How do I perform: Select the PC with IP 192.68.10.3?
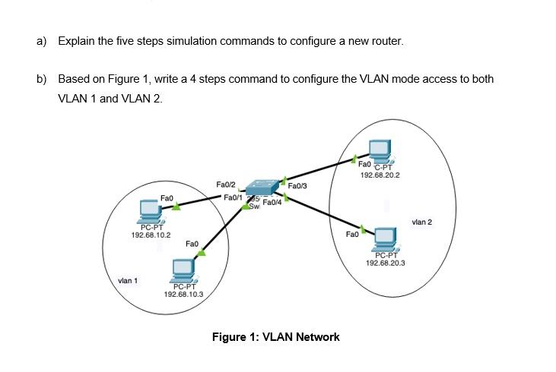tap(183, 270)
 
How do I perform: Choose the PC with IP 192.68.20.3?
tap(385, 238)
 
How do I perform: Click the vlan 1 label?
tap(128, 281)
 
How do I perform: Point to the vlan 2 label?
tap(421, 222)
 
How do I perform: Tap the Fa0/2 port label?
tap(226, 184)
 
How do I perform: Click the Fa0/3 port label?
tap(297, 185)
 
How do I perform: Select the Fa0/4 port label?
tap(272, 203)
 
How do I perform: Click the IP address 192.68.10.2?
tap(151, 235)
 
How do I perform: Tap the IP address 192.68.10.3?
tap(183, 294)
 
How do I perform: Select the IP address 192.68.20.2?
tap(380, 175)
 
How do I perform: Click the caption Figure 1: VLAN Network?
tap(275, 337)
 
